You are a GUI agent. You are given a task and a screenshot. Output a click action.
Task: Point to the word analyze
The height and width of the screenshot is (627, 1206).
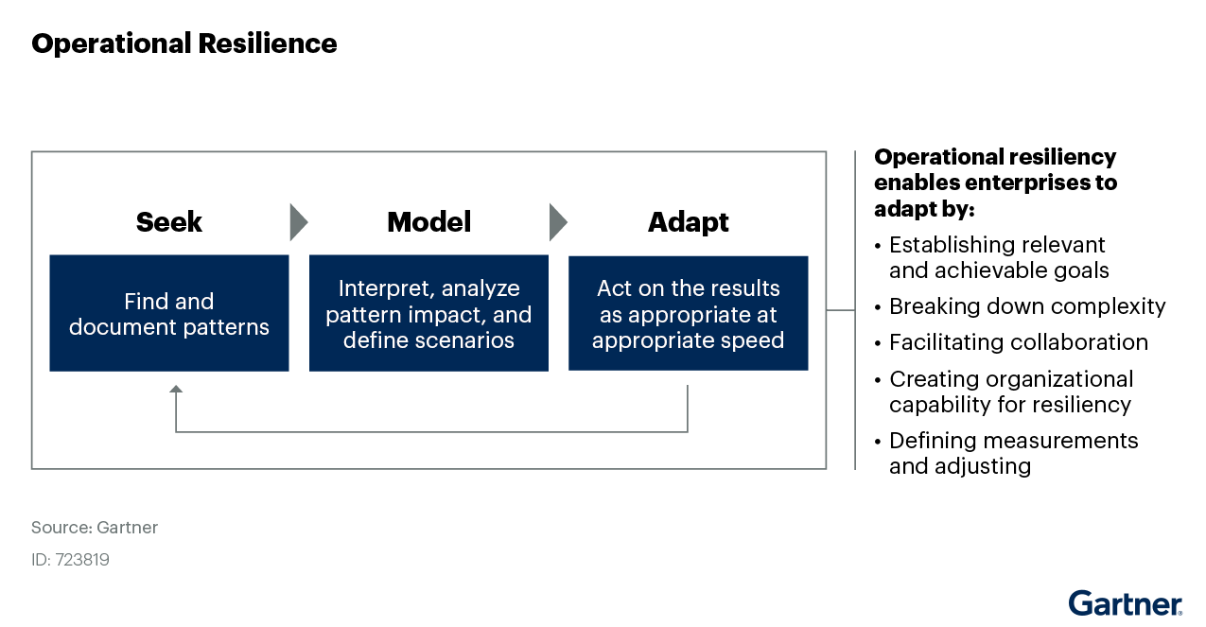(482, 288)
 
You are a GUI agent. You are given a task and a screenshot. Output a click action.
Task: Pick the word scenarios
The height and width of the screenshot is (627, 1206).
(463, 340)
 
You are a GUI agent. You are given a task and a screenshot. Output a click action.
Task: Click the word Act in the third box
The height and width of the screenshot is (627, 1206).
(615, 288)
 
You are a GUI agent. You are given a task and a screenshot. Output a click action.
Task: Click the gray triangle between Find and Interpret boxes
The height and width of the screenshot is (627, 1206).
(298, 222)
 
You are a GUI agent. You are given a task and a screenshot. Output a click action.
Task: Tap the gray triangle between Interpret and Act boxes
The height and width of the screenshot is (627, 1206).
(558, 222)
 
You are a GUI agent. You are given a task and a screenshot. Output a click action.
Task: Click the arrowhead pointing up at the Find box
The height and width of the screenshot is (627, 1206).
(175, 389)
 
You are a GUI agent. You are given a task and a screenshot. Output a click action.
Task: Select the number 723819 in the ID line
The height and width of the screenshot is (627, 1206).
(82, 560)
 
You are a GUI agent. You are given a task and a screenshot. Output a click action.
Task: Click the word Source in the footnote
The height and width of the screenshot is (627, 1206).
(61, 528)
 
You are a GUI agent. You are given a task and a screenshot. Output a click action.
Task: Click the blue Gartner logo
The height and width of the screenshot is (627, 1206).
(1126, 603)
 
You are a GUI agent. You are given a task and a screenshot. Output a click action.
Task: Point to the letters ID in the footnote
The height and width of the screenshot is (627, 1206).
(40, 560)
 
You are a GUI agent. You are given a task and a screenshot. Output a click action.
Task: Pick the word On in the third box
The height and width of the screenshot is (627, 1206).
(653, 288)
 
